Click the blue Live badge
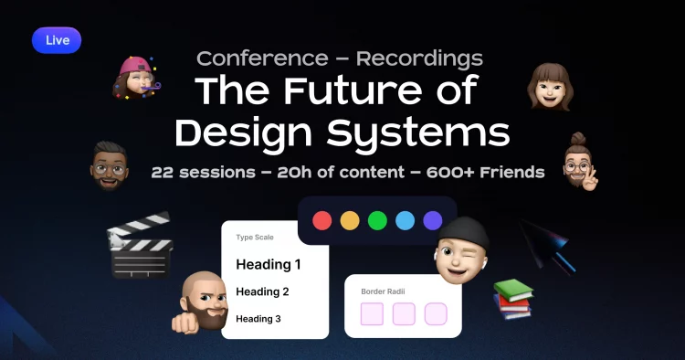coord(56,39)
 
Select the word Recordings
coord(419,59)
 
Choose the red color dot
coord(322,220)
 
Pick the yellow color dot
coord(350,220)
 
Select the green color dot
coord(377,220)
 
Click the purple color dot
coord(433,220)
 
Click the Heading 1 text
coord(269,265)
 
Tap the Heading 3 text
coord(258,319)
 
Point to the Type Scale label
coord(255,238)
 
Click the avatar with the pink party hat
coord(136,77)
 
